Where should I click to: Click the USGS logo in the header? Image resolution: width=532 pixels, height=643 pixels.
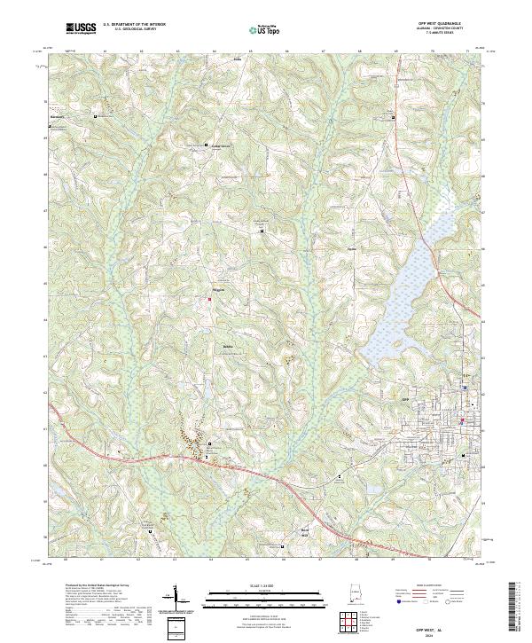click(81, 29)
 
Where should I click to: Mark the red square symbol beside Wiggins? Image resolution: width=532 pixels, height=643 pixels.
click(210, 298)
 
